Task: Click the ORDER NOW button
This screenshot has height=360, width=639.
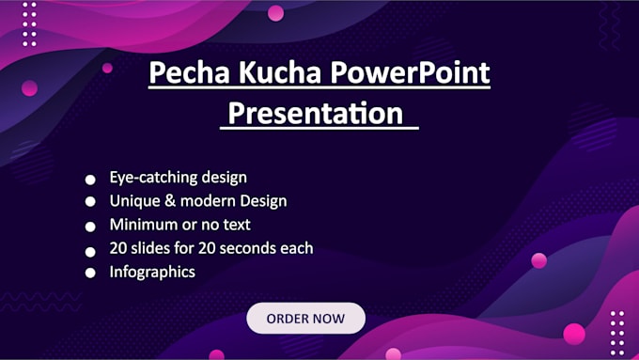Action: [305, 319]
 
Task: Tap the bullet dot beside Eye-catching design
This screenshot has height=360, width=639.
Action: [90, 179]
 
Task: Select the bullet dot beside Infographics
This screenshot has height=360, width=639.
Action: [90, 274]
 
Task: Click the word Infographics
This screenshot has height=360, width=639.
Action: [152, 272]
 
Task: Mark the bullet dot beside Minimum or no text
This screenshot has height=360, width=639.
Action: [90, 227]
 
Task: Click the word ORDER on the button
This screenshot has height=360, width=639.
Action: [288, 319]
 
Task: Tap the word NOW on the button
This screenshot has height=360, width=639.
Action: [329, 319]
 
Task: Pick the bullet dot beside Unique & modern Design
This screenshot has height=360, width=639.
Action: [90, 202]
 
